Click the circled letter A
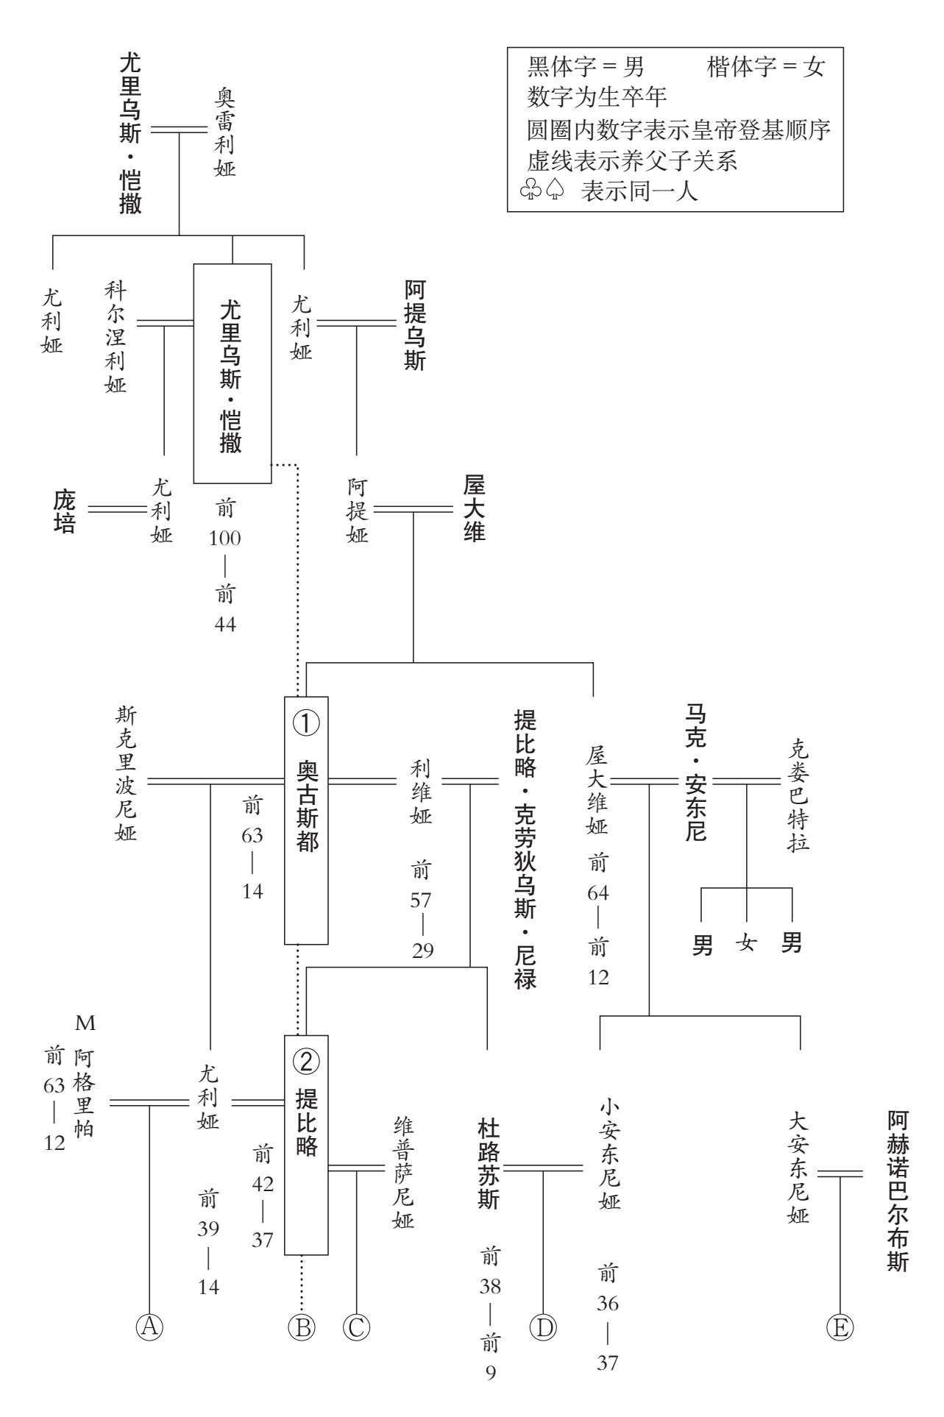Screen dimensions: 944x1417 pos(149,1327)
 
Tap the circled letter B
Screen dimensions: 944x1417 pos(301,1327)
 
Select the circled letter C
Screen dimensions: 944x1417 pos(356,1327)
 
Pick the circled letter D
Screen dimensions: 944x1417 pos(543,1327)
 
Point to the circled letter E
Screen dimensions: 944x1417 pos(840,1327)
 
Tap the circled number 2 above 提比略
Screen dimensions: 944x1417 pos(306,1060)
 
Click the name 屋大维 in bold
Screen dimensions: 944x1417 pos(475,508)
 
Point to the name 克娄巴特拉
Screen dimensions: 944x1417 pos(798,795)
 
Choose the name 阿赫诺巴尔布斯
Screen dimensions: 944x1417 pos(898,1191)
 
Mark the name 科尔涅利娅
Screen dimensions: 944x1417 pos(116,336)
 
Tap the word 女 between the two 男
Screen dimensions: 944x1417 pos(747,942)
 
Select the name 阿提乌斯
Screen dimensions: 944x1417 pos(415,324)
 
